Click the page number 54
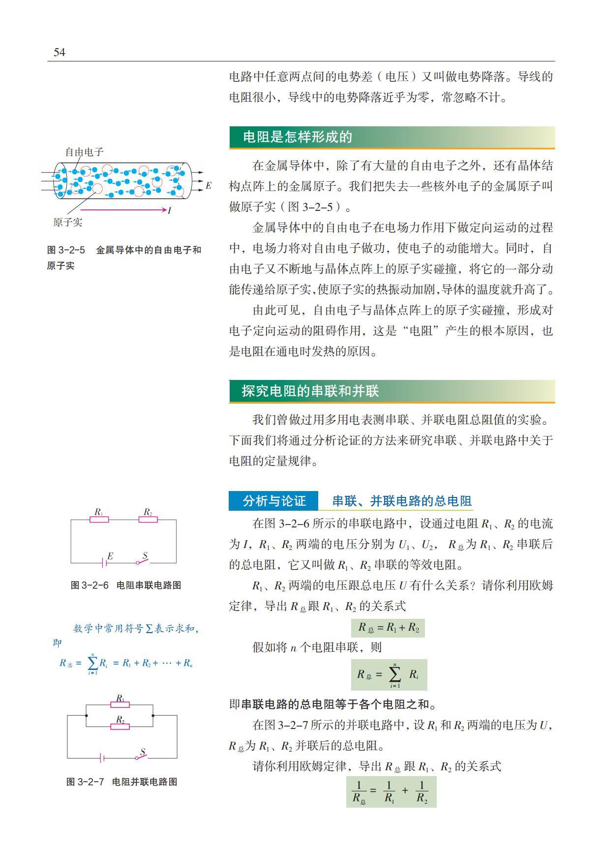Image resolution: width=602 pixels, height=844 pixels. click(x=59, y=53)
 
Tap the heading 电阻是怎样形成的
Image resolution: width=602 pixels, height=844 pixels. click(x=298, y=137)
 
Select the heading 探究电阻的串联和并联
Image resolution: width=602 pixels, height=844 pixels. click(x=310, y=391)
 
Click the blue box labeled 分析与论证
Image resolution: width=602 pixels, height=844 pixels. click(x=273, y=501)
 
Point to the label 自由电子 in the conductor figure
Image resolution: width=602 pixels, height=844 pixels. click(x=84, y=152)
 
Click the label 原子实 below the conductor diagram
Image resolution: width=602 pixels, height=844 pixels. click(x=68, y=222)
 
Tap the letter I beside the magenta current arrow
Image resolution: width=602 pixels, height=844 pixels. click(x=169, y=210)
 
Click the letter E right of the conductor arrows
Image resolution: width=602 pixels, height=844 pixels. click(x=208, y=186)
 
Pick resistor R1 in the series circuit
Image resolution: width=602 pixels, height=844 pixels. click(x=99, y=519)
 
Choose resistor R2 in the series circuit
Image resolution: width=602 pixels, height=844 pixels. click(x=148, y=519)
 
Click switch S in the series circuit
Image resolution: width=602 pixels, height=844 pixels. click(x=142, y=560)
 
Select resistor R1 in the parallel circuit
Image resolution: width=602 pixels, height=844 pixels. click(x=120, y=704)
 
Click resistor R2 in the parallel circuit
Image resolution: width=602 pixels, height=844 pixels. click(x=120, y=726)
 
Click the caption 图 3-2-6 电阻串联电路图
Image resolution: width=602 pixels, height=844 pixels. click(x=126, y=585)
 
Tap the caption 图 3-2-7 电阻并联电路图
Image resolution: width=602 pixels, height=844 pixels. click(x=121, y=782)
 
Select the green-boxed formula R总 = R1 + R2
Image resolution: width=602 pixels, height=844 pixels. click(x=388, y=628)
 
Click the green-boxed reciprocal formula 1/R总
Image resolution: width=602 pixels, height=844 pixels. click(x=391, y=791)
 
